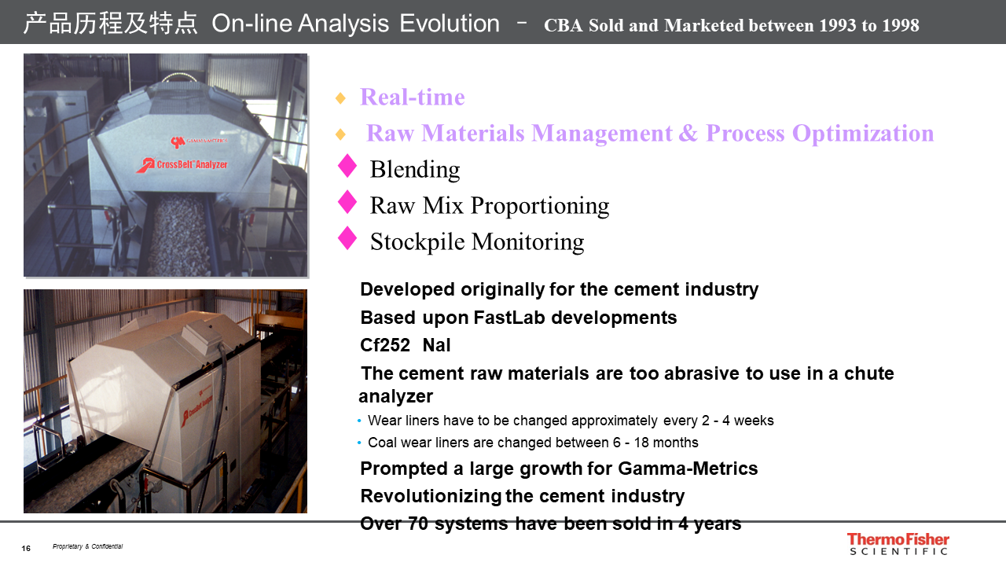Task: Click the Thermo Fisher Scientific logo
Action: tap(898, 543)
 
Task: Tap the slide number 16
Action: tap(26, 549)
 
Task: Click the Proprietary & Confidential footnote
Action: tap(87, 546)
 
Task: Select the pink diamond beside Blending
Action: tap(347, 166)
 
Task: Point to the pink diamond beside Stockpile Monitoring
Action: tap(347, 238)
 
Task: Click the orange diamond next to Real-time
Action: tap(340, 98)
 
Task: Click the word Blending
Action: tap(414, 170)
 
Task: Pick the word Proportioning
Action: tap(539, 206)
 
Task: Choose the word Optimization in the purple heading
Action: tap(863, 133)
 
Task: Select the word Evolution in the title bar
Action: tap(450, 24)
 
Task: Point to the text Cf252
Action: tap(385, 345)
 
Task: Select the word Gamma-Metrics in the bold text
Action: tap(688, 469)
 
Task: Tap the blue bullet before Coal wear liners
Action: tap(359, 443)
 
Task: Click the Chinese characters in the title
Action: tap(110, 24)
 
